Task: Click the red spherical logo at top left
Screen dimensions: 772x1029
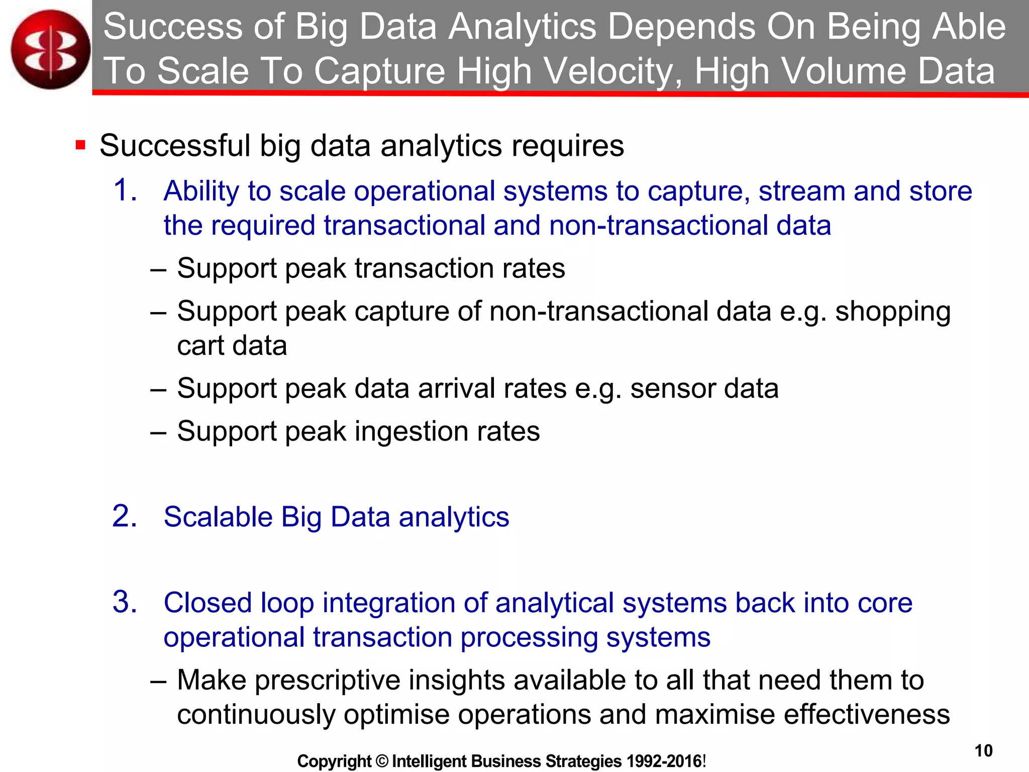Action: click(50, 49)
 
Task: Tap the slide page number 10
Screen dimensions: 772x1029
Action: click(983, 750)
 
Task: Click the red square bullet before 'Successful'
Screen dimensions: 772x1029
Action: click(80, 146)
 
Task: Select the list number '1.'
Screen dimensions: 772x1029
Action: click(125, 190)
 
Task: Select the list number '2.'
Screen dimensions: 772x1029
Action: click(125, 516)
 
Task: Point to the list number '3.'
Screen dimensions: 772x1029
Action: click(125, 602)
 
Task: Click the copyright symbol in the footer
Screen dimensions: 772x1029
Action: click(382, 761)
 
